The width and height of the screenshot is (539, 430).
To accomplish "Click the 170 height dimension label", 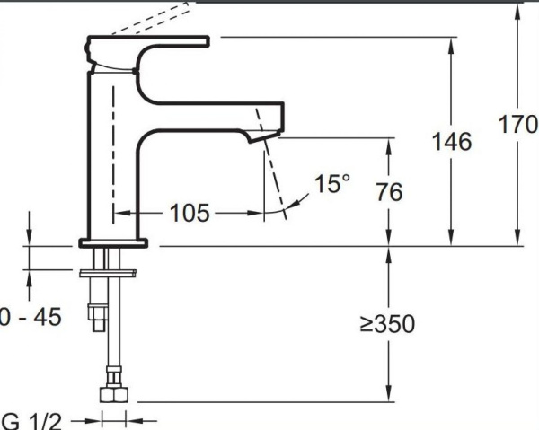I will coord(517,125).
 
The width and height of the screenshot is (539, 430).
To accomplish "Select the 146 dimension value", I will coord(451,141).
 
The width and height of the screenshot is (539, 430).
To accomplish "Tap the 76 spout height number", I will coord(390,191).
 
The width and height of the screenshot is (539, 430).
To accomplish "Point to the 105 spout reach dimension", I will coord(190,213).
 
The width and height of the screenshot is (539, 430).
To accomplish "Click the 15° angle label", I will coord(331,185).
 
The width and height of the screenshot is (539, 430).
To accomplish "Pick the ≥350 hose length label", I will coord(387,324).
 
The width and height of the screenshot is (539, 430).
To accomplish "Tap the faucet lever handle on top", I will coord(148,42).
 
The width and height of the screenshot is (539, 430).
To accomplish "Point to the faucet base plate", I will coord(115,241).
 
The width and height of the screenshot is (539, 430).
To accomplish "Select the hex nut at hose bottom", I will coord(114,394).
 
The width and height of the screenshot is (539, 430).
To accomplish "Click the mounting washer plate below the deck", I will coord(113,272).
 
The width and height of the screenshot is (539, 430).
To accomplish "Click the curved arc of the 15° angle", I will coord(286,212).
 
